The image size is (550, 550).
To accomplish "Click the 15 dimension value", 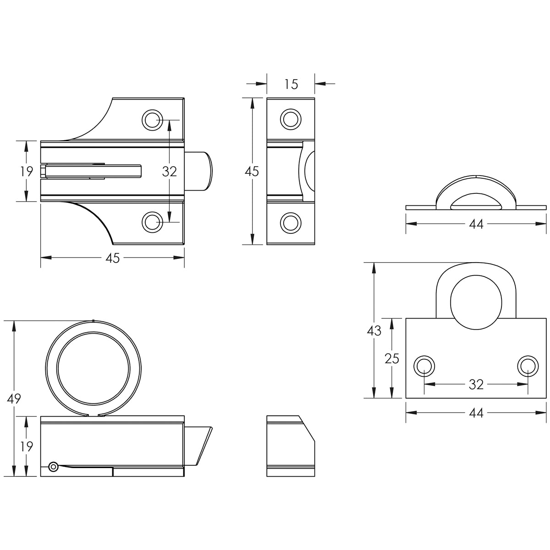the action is (291, 84).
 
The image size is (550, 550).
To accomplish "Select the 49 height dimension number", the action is (14, 399).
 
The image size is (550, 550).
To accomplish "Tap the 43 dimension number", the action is (374, 331).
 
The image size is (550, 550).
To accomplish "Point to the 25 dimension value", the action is (391, 359).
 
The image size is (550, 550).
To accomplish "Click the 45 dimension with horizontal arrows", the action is (112, 258).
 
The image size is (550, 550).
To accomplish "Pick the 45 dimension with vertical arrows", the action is (252, 171).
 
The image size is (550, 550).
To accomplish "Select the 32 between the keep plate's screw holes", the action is (476, 385).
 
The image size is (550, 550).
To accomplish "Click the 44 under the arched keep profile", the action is (476, 224).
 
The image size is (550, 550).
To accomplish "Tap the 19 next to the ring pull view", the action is (26, 447).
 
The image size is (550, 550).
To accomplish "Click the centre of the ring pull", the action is (93, 368).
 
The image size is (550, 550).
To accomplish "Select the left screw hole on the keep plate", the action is (424, 366).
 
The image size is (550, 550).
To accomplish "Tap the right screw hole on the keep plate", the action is (528, 366).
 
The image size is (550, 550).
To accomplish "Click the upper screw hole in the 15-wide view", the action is (291, 119).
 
